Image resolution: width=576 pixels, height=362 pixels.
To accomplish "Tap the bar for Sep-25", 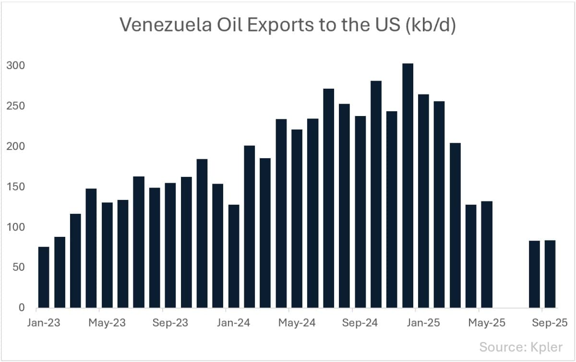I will tap(550, 274).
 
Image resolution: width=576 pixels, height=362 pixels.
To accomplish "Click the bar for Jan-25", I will tap(423, 201).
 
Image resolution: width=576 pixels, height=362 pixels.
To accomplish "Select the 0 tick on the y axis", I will tap(22, 308).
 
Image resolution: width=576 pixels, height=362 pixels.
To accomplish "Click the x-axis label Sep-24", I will tap(360, 323).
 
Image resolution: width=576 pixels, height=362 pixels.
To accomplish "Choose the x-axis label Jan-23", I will tap(44, 323).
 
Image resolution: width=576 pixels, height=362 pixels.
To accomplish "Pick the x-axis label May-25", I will tap(487, 323).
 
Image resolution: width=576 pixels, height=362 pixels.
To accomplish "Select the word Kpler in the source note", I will tap(545, 347).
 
